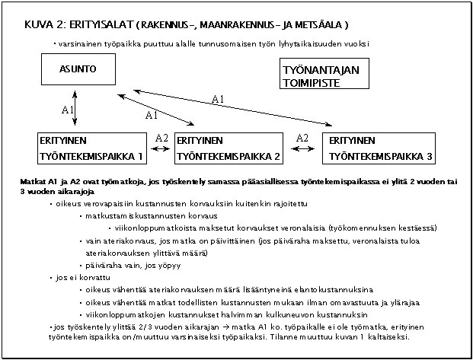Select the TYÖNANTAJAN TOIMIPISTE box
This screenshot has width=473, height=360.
point(318,75)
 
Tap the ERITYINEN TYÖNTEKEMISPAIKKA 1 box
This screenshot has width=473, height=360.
point(91,148)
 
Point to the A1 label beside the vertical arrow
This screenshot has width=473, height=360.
point(67,110)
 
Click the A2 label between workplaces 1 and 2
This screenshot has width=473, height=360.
point(161,139)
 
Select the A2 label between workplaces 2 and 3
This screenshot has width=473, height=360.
point(302,138)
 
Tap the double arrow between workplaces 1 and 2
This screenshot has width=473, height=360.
point(161,149)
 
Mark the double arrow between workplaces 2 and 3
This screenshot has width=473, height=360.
point(302,149)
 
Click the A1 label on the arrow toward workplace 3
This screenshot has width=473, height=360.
point(218,100)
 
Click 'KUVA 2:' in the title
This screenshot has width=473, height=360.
point(43,24)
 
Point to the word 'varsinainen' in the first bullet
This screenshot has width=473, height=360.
point(78,43)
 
